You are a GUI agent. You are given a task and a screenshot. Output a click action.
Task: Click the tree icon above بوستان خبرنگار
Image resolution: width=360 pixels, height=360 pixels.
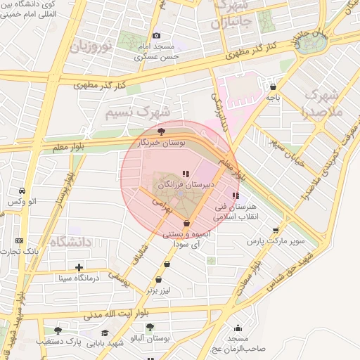click(162, 131)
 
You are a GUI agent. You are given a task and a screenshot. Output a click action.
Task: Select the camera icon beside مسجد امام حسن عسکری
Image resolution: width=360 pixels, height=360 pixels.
click(156, 36)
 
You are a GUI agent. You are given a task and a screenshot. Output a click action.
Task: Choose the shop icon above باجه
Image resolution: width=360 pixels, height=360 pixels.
click(272, 87)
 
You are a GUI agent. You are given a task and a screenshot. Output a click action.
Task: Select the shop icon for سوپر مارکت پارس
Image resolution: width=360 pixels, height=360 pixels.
click(276, 229)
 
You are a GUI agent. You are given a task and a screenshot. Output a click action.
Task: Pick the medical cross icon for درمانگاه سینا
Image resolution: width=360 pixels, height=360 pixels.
click(79, 267)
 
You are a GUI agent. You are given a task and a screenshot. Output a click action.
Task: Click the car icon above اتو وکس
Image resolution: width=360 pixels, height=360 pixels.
click(22, 191)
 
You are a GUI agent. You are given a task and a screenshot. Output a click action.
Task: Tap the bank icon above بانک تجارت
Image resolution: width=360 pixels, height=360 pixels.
click(19, 240)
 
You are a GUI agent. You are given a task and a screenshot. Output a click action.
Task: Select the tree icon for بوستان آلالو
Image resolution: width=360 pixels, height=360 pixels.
click(150, 327)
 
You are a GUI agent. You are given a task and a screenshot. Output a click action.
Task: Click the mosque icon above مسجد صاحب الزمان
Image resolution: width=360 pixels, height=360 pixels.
click(238, 328)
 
